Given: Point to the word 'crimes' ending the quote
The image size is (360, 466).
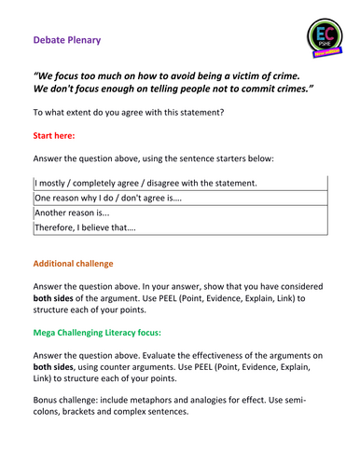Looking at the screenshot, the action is coord(294,94).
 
